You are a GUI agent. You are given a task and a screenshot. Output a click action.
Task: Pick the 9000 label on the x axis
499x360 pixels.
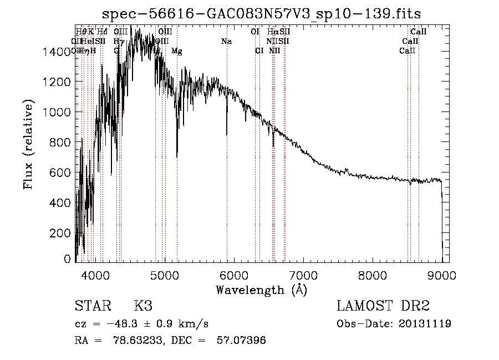pos(442,275)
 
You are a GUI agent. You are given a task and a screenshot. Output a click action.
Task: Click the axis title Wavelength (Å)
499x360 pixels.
pos(261,289)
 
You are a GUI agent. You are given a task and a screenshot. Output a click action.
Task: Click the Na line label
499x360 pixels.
pos(226,41)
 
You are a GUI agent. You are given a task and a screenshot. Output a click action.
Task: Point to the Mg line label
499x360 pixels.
pos(176,51)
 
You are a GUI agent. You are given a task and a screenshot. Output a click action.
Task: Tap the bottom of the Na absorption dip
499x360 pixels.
pos(227,134)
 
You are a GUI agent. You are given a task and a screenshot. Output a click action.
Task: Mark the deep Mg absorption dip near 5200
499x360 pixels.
pos(177,156)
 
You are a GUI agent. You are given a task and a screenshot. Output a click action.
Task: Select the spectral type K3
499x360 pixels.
pos(143,306)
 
